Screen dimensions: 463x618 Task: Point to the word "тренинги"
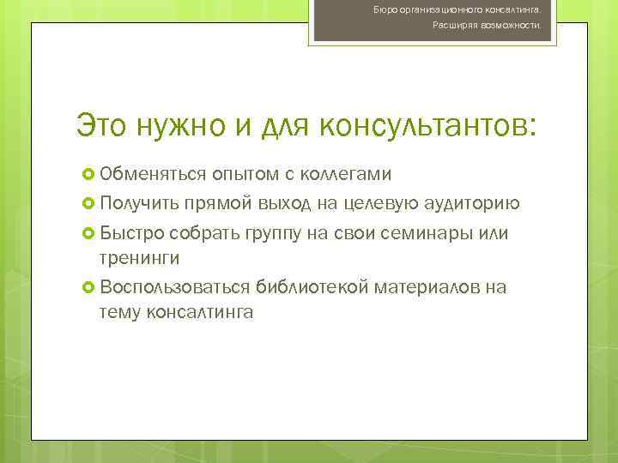(139, 258)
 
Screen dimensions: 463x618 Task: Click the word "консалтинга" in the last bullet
(200, 313)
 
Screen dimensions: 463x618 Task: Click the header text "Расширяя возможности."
(486, 26)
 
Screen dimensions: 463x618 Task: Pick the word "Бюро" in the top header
(385, 9)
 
